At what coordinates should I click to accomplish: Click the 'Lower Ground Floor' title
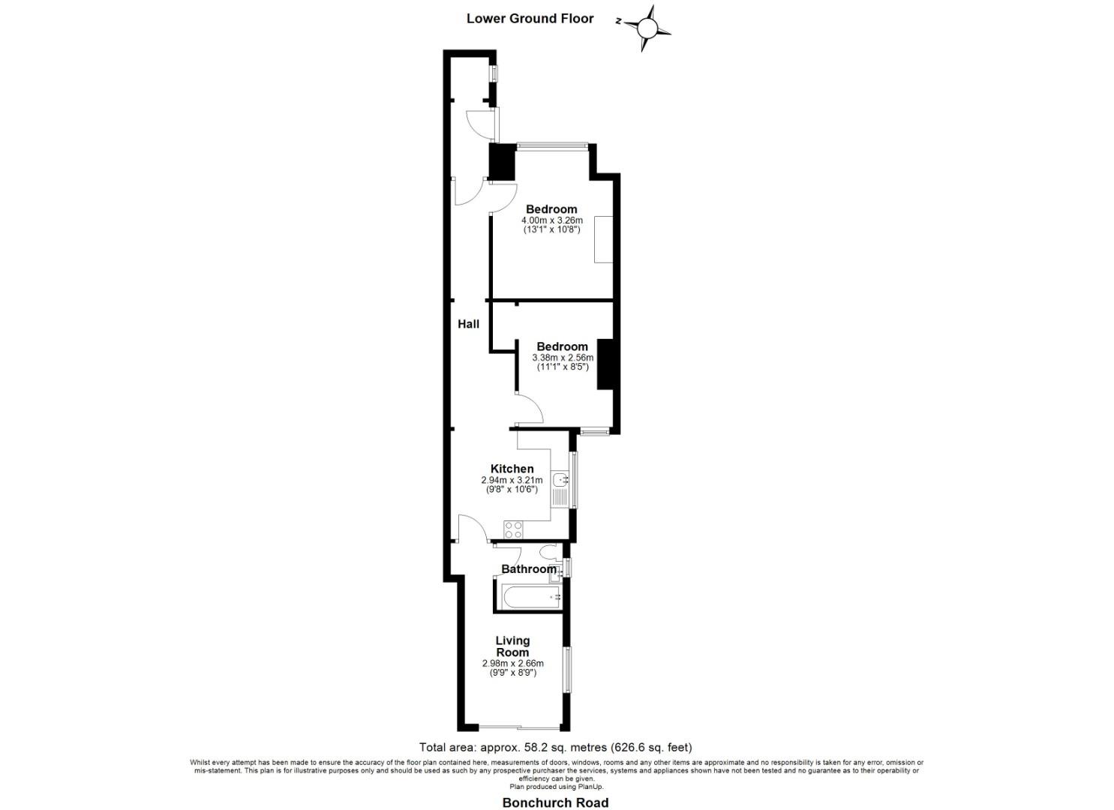tap(530, 19)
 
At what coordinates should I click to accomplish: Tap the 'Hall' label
tap(469, 324)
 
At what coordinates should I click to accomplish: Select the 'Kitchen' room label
tap(512, 469)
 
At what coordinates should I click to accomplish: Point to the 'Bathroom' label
tap(529, 569)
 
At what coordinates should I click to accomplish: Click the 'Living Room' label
tap(512, 646)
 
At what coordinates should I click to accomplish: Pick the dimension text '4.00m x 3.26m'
tap(551, 220)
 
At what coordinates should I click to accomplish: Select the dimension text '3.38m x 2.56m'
tap(562, 358)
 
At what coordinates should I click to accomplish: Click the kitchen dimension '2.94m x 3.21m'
tap(512, 480)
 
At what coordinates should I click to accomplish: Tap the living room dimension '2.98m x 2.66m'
tap(512, 664)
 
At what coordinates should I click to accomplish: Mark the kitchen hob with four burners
tap(514, 530)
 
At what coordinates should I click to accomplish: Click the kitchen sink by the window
tap(560, 480)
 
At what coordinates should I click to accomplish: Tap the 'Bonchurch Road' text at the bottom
tap(555, 802)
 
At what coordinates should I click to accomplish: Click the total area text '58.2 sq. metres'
tap(555, 747)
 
